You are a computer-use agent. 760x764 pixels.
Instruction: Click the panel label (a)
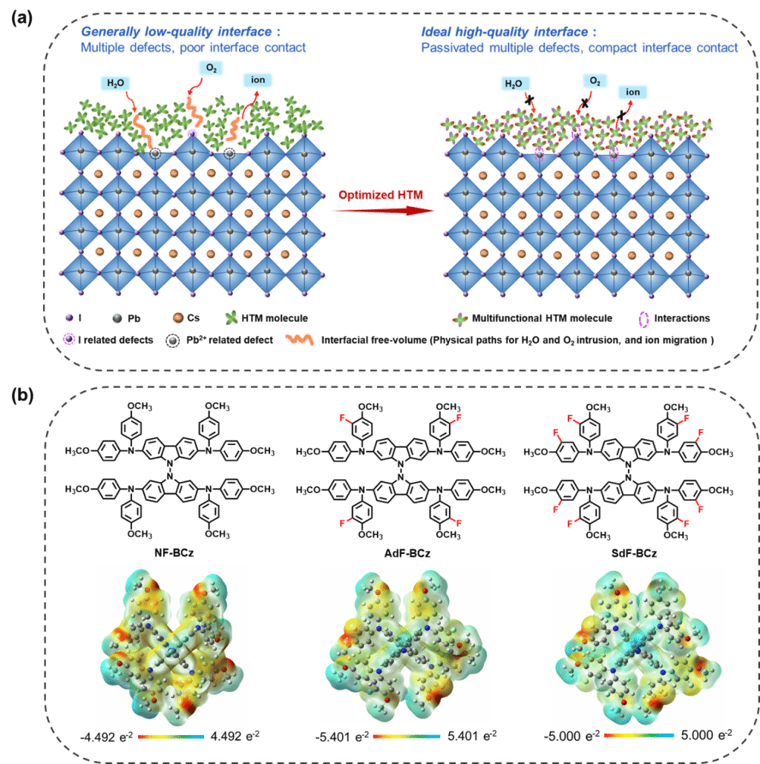pyautogui.click(x=22, y=18)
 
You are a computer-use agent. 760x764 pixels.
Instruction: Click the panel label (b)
pyautogui.click(x=22, y=395)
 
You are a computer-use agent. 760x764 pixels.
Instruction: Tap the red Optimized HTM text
pyautogui.click(x=381, y=195)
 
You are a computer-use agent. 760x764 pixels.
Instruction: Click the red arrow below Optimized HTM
pyautogui.click(x=383, y=211)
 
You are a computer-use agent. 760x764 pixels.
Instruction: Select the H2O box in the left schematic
pyautogui.click(x=116, y=83)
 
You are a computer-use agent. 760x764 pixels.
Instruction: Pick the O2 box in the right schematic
pyautogui.click(x=594, y=81)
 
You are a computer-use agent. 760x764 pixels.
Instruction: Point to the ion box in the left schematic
pyautogui.click(x=258, y=80)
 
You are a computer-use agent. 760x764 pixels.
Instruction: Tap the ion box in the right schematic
pyautogui.click(x=633, y=92)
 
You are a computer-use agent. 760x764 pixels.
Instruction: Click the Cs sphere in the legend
pyautogui.click(x=178, y=318)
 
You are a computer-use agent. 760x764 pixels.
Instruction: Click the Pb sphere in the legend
pyautogui.click(x=117, y=318)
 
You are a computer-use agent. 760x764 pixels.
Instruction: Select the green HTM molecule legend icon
pyautogui.click(x=232, y=317)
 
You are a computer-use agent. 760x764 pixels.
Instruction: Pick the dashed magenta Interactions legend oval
pyautogui.click(x=644, y=319)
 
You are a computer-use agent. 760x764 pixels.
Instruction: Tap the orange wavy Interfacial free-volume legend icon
pyautogui.click(x=299, y=340)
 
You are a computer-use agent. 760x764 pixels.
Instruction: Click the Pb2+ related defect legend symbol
pyautogui.click(x=173, y=340)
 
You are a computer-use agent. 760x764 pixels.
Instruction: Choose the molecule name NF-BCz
pyautogui.click(x=174, y=553)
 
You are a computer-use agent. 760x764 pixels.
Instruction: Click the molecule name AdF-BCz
pyautogui.click(x=407, y=553)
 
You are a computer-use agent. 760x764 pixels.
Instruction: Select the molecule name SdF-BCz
pyautogui.click(x=635, y=553)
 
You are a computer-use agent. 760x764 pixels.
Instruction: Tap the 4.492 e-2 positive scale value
pyautogui.click(x=235, y=736)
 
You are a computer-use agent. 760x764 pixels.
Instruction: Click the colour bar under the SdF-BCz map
pyautogui.click(x=638, y=735)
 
